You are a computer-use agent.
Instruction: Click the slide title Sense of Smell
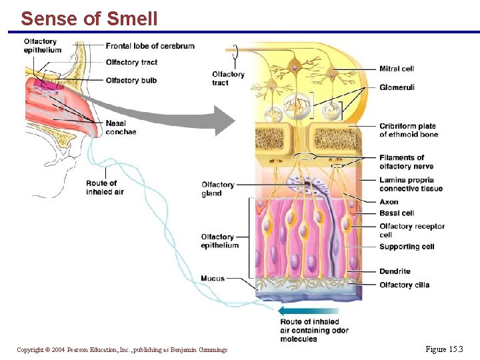[89, 19]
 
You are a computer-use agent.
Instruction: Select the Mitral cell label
[397, 69]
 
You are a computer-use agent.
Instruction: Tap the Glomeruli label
[397, 87]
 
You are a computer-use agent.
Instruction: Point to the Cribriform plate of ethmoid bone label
[409, 130]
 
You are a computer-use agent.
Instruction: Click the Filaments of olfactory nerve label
[406, 162]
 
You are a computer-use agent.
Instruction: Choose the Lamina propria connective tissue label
[411, 184]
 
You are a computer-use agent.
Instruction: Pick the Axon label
[389, 202]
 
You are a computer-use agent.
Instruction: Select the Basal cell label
[397, 213]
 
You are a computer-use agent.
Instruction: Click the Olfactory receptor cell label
[411, 230]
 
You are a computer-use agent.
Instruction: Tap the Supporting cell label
[407, 247]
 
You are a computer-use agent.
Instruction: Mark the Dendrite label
[395, 271]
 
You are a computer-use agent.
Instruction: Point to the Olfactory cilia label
[404, 285]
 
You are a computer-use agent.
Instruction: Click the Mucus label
[213, 278]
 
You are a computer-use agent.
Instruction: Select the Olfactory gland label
[217, 189]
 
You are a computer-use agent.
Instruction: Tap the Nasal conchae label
[121, 127]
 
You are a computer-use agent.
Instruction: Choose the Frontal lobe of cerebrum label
[150, 46]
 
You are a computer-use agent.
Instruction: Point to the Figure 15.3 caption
[443, 349]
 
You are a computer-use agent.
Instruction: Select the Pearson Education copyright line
[122, 349]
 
